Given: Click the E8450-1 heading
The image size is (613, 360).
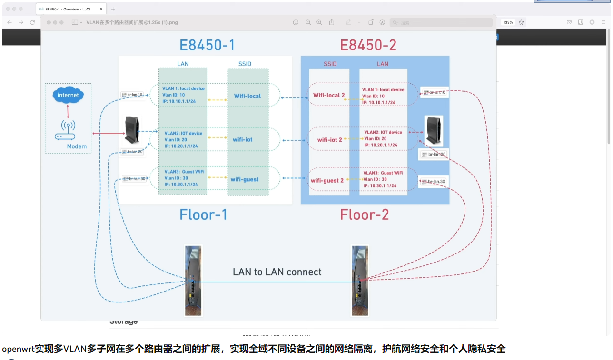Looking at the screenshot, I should tap(207, 45).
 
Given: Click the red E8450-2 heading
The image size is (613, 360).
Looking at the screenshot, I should tap(368, 45).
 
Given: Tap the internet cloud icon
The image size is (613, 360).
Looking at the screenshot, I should tap(68, 95).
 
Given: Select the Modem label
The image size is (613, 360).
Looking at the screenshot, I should tap(77, 146).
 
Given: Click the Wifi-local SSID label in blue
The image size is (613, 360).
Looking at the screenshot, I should tap(247, 96).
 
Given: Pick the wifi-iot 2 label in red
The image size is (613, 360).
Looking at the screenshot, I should tap(330, 140).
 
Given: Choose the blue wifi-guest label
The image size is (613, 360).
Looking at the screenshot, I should tap(245, 179).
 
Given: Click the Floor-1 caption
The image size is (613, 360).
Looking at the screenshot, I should tap(203, 214).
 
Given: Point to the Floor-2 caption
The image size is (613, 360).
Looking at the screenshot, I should tap(364, 214).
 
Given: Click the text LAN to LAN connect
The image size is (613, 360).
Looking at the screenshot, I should tap(277, 272).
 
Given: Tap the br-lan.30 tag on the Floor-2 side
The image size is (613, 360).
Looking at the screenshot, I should tap(434, 182).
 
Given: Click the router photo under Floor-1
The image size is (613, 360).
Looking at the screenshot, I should tap(193, 280).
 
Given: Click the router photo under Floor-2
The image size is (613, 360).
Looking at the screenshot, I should tap(360, 280).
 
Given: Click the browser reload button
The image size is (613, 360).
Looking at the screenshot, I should tap(32, 22).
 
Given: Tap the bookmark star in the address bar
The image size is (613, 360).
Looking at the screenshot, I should tap(521, 22).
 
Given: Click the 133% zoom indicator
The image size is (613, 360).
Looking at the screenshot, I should tap(508, 22).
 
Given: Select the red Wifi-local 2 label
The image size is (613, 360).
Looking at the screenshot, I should tap(329, 95).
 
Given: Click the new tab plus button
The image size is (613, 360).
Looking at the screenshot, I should tap(113, 9).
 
